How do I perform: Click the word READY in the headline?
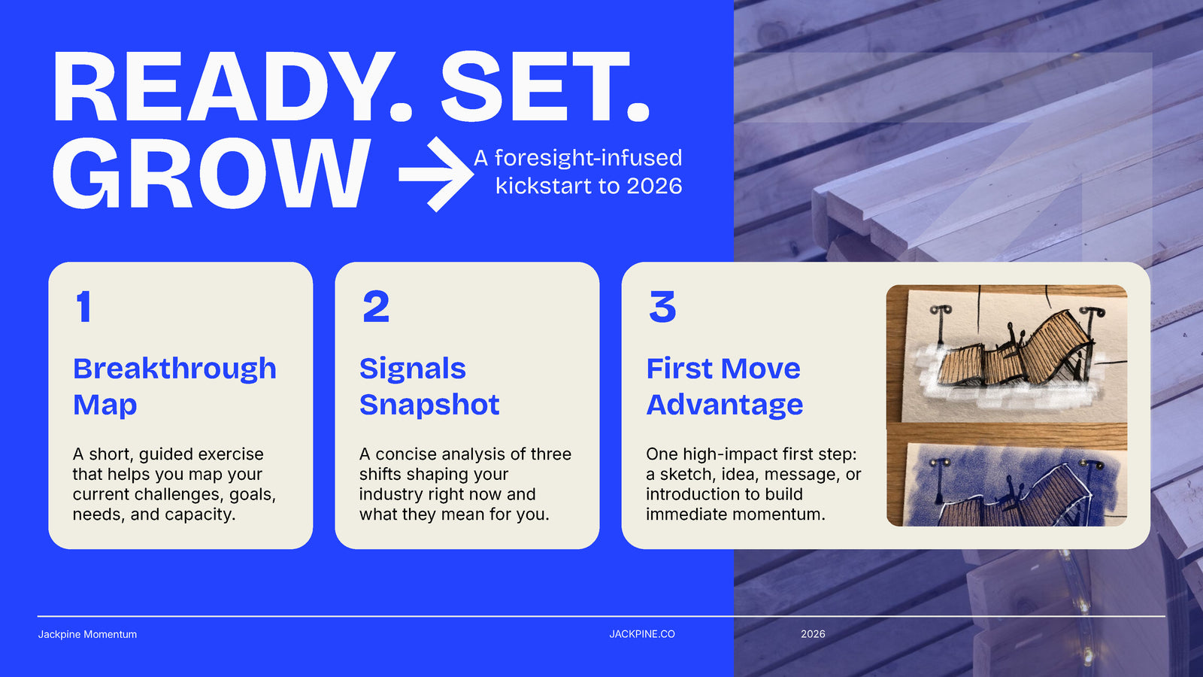point(232,87)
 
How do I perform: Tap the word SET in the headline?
point(544,87)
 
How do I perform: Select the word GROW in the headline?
point(211,173)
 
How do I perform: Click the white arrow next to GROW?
point(436,174)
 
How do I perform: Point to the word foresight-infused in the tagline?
point(588,158)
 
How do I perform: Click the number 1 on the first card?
point(83,307)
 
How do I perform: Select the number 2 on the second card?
point(376,307)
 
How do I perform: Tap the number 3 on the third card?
point(662,307)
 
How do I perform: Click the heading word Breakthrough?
point(174,369)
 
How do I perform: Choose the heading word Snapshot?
point(429,405)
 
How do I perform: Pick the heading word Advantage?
point(725,405)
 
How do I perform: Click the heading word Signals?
point(413,369)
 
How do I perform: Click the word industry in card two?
point(391,495)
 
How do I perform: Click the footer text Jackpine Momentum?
point(87,635)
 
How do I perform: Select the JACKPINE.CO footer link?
point(642,634)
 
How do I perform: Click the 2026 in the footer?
point(813,634)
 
